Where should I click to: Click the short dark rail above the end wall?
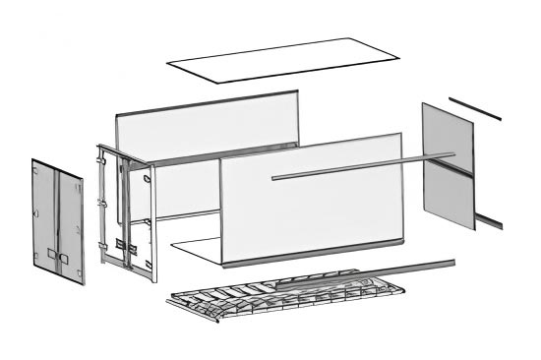[475, 108]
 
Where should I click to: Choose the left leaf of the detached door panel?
[45, 216]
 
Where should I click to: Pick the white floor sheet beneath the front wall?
[197, 249]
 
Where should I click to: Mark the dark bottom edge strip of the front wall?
[315, 253]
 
